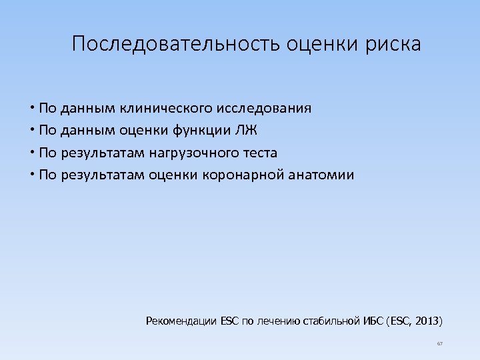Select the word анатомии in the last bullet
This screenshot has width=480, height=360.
point(325,175)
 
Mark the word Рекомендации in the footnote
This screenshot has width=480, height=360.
point(181,321)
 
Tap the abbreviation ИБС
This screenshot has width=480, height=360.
point(371,321)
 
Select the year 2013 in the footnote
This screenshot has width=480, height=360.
point(427,321)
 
